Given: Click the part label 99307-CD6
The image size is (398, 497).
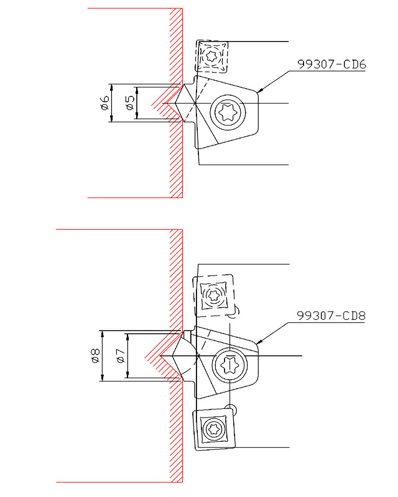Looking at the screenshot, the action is click(331, 65).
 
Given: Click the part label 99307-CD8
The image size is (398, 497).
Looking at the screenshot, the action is click(331, 316).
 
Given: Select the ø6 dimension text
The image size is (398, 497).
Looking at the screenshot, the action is click(104, 103).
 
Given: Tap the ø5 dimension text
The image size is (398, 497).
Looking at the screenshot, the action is click(130, 103).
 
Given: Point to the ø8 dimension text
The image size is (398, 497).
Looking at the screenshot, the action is click(95, 355).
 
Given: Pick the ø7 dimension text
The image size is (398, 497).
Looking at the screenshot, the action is click(120, 355).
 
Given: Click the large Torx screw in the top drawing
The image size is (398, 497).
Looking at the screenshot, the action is click(228, 112).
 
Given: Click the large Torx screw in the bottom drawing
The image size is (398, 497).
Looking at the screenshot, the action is click(229, 365).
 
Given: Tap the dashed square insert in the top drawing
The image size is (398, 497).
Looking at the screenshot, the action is click(211, 57).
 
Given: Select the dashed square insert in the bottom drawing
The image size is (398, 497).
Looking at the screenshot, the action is click(213, 296).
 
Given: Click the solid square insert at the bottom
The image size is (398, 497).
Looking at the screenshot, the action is click(214, 429).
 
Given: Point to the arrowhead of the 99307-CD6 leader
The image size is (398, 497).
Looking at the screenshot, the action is click(259, 91).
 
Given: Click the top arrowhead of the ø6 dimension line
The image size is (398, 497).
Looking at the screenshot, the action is click(111, 87).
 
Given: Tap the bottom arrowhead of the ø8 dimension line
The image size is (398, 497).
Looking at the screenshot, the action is click(102, 378).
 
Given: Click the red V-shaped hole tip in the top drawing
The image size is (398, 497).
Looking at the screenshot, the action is click(151, 103).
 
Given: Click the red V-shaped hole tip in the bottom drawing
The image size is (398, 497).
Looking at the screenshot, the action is click(145, 357).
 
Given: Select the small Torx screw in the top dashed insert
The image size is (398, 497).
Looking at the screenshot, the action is click(211, 57).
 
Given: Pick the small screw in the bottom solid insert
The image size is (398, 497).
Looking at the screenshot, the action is click(212, 429).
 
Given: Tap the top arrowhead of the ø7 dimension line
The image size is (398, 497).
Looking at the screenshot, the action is click(127, 337).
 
